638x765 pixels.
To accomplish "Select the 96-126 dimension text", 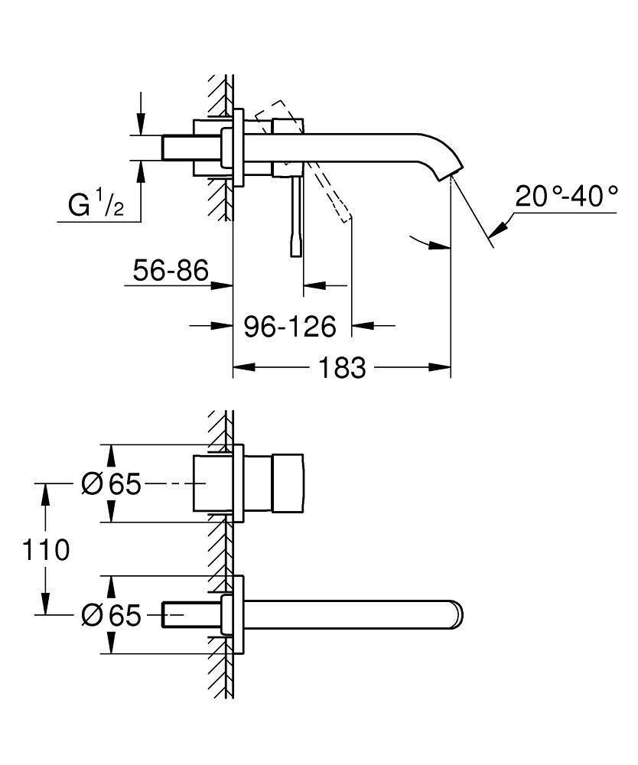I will pos(290,327).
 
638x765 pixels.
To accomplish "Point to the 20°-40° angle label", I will pos(566,197).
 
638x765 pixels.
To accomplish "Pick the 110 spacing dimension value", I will pos(46,549).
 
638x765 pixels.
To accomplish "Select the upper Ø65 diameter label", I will pos(112,483).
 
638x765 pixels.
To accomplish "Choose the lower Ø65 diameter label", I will pos(112,614).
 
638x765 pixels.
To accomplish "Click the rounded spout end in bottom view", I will pos(457,614).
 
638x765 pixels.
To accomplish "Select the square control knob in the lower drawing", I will pos(287,483).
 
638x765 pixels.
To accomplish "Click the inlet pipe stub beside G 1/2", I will pos(177,148).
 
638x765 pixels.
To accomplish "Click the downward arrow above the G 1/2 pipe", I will pos(140,126).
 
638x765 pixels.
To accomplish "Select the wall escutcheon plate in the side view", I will pos(239,147).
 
